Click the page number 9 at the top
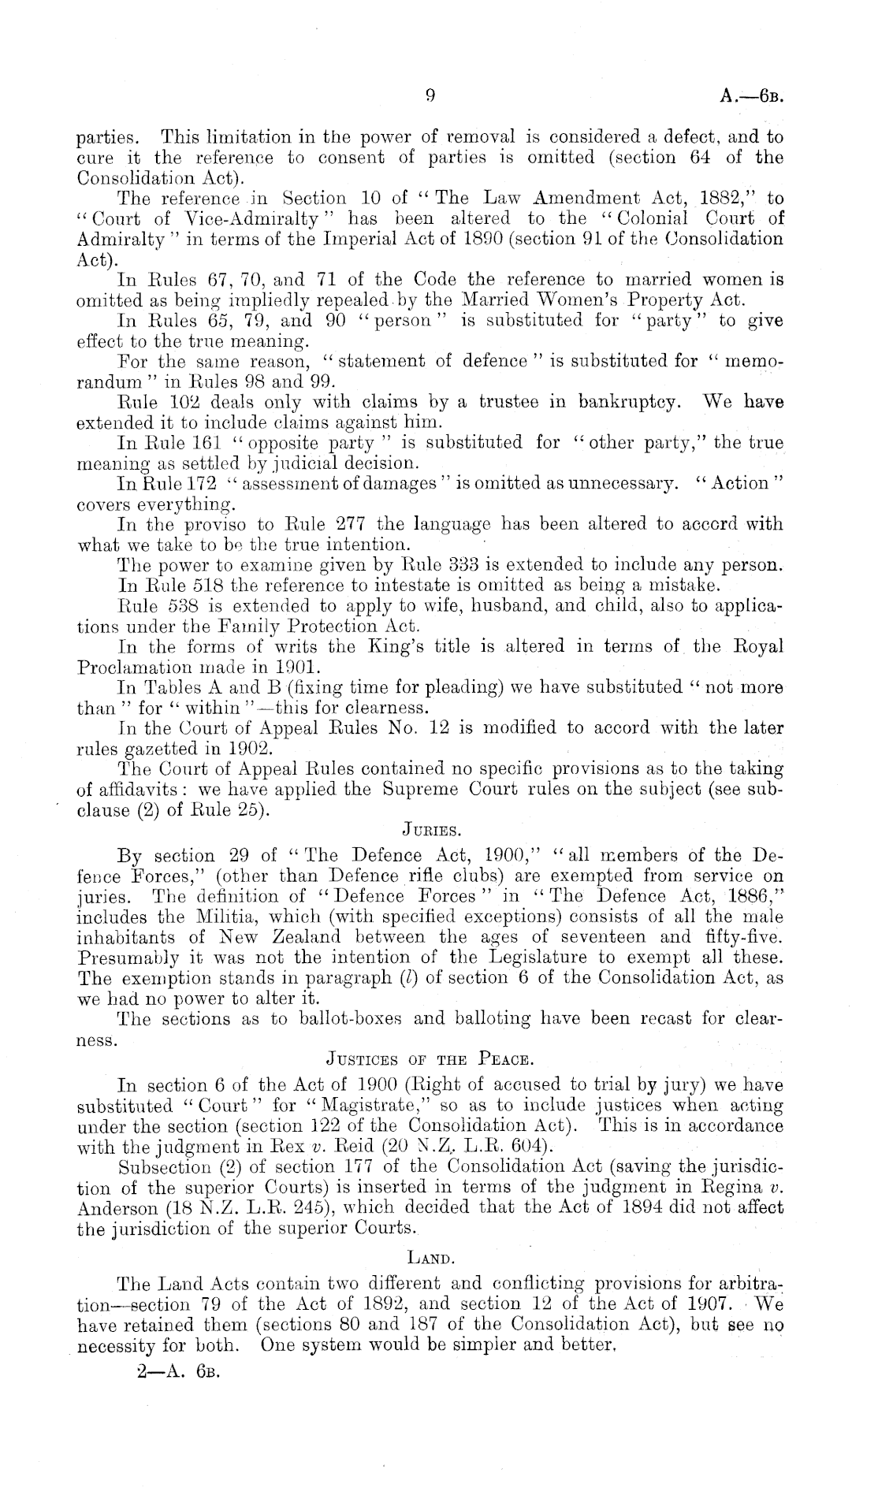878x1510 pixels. click(430, 96)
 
